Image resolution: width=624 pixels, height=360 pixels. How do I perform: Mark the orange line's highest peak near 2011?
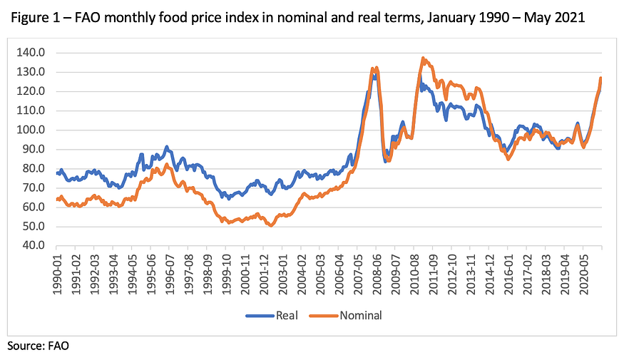coord(423,58)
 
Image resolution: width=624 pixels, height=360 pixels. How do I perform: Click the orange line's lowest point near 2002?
coord(271,225)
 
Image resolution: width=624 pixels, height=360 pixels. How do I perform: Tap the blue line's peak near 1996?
coord(166,148)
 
